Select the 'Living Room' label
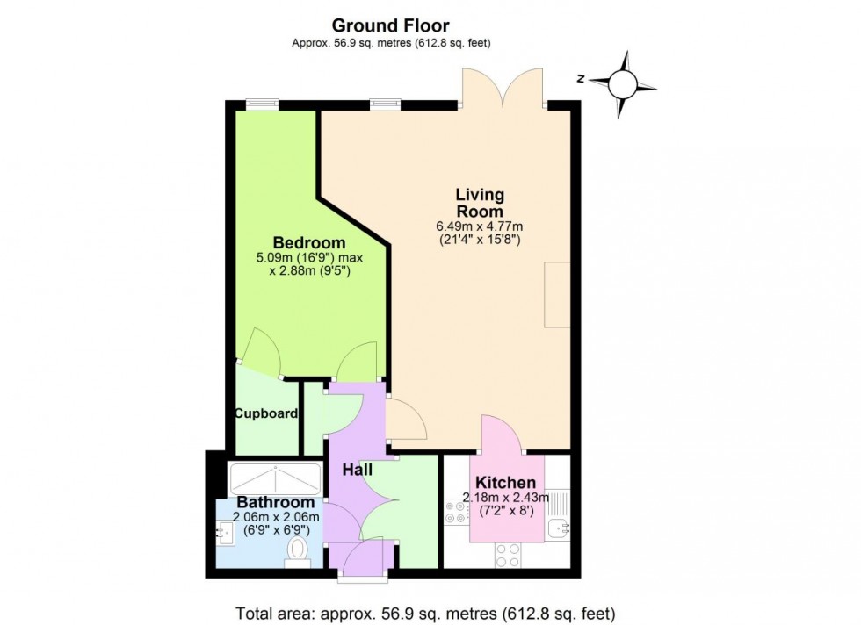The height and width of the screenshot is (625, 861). tap(479, 203)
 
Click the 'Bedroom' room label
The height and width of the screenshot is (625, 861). tap(308, 243)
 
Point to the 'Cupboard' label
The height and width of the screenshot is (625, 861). tap(265, 413)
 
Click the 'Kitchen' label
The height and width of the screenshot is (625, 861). tap(505, 483)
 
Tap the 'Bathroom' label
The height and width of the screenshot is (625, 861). tap(276, 502)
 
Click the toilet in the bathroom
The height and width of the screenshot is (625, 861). tap(298, 551)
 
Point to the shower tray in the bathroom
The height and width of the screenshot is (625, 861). tap(276, 478)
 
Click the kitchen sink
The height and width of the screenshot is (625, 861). tap(558, 528)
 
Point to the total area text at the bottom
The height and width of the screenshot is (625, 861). tap(425, 613)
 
